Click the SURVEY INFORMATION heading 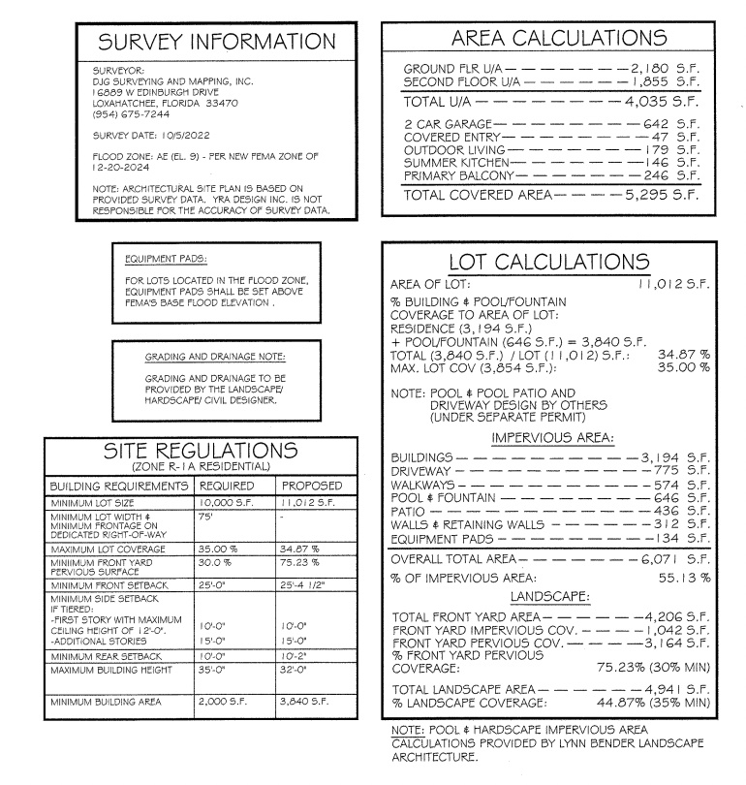218,42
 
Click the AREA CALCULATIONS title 560,38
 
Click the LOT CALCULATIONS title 549,262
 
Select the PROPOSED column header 311,485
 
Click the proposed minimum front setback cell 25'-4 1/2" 309,586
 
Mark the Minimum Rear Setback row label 103,656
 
